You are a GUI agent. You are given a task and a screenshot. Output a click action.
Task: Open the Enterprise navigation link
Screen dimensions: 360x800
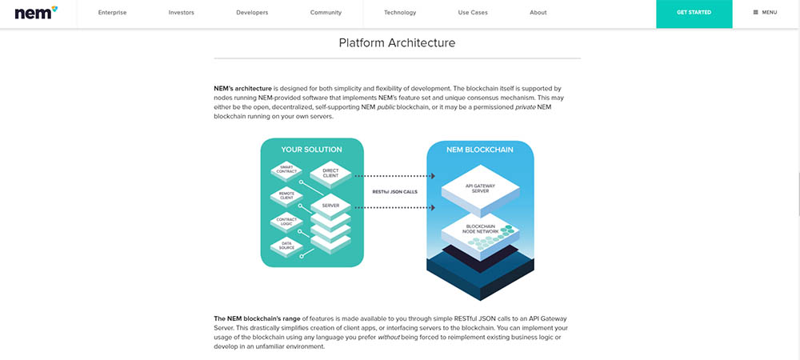point(112,13)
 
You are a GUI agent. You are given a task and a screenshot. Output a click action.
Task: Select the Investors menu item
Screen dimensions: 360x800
point(182,13)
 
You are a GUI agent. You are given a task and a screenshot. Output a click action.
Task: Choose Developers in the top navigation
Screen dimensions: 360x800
point(252,13)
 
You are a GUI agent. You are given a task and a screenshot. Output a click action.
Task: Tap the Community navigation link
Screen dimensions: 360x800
point(326,13)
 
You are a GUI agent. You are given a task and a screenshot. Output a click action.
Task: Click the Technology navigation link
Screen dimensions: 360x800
point(399,13)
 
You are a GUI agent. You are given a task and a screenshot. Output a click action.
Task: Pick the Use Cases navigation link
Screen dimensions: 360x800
point(473,13)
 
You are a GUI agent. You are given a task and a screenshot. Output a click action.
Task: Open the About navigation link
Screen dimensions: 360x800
point(538,13)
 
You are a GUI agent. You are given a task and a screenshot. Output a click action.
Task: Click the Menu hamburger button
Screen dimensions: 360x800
point(766,13)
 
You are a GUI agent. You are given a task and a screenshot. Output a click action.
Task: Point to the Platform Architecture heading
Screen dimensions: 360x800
point(397,42)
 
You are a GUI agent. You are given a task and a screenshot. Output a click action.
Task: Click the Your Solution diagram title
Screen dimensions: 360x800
point(311,150)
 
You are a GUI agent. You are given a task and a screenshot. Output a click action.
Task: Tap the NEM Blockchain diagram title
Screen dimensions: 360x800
point(480,150)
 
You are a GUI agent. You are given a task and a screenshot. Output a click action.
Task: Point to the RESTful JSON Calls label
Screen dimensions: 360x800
point(394,191)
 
